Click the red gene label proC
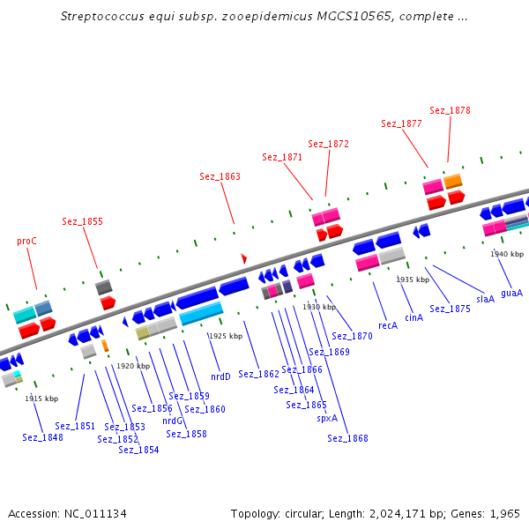(x=27, y=241)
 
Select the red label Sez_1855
(x=82, y=221)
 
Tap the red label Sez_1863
(x=220, y=176)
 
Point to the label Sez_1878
(x=450, y=110)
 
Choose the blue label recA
(x=388, y=325)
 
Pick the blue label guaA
(x=511, y=293)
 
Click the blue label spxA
(x=327, y=418)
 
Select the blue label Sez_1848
(x=42, y=437)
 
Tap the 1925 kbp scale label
(x=225, y=336)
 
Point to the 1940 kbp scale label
(x=507, y=254)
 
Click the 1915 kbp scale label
(x=41, y=399)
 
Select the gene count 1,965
(x=504, y=513)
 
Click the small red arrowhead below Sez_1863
(x=244, y=258)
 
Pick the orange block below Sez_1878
(x=453, y=181)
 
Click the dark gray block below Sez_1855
(x=104, y=287)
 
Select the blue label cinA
(x=414, y=317)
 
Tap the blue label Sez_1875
(x=450, y=309)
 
